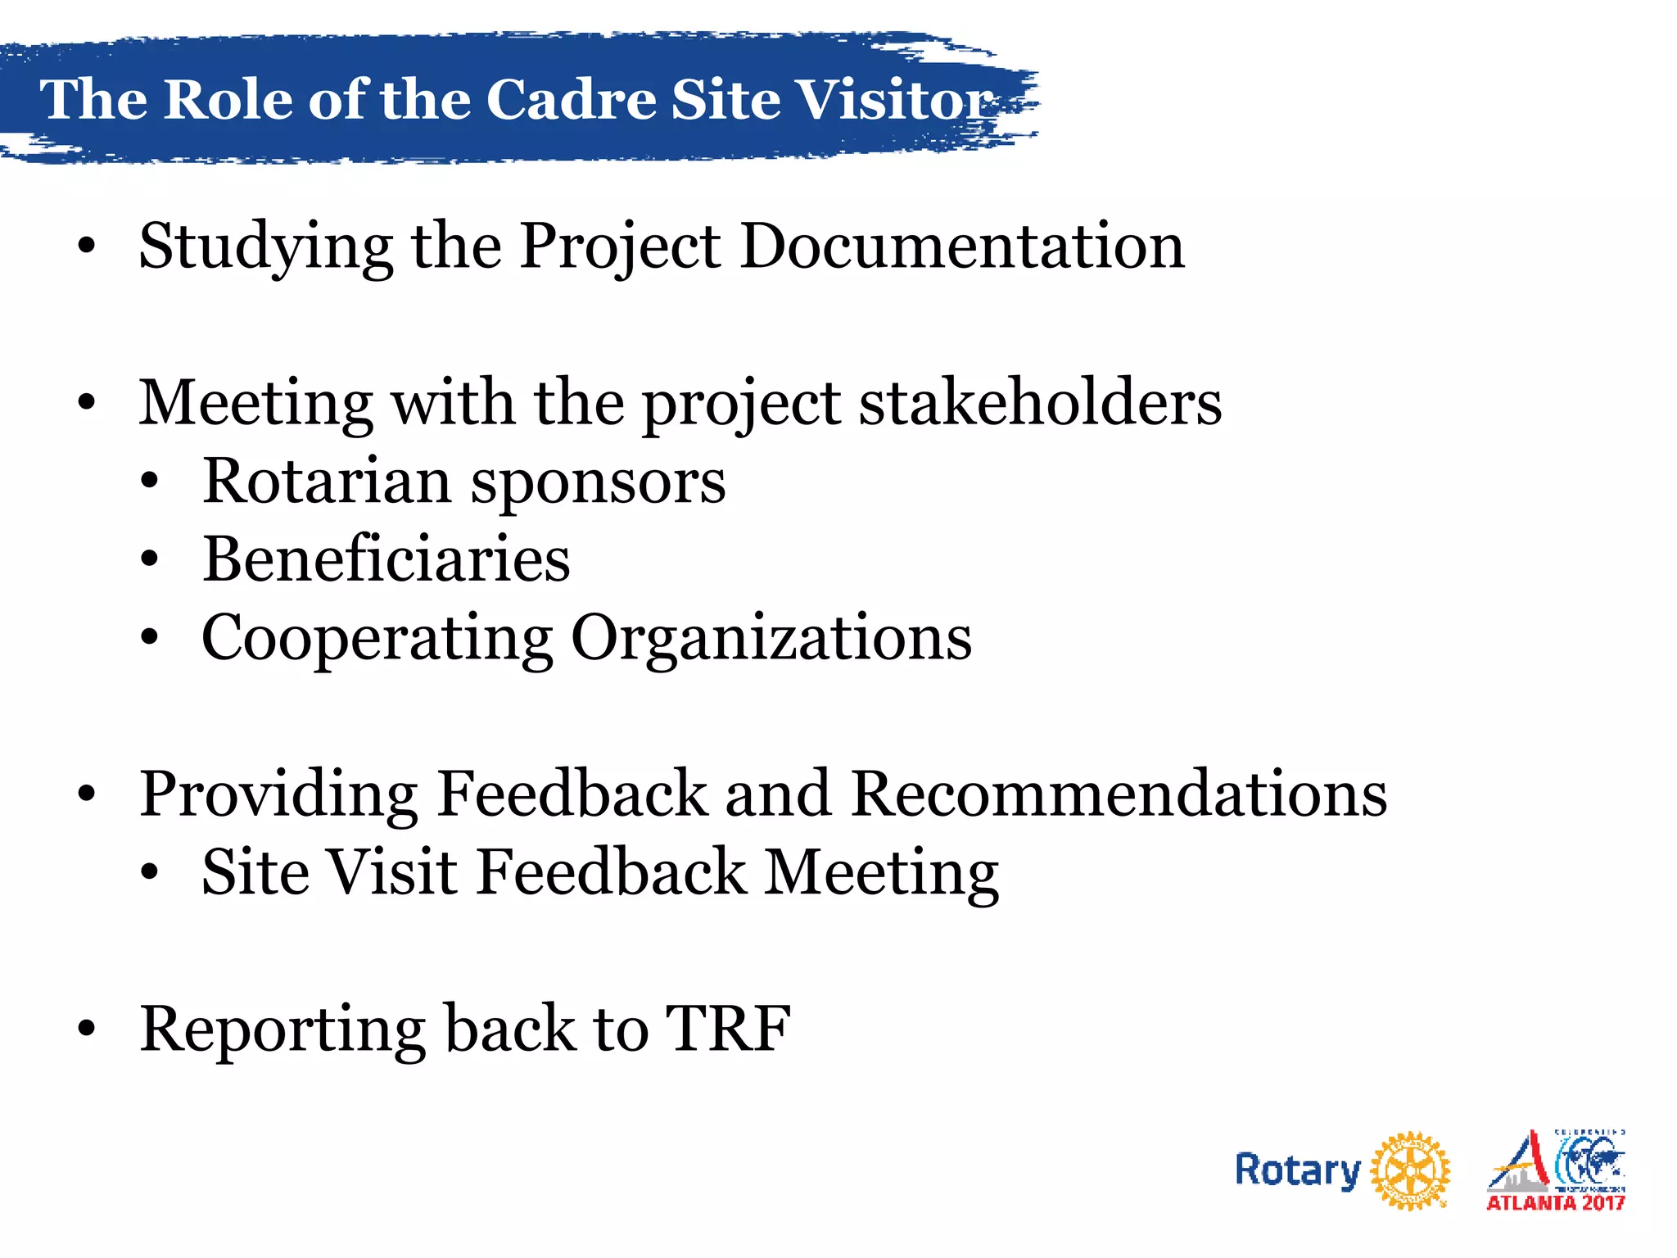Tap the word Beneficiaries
[x=386, y=559]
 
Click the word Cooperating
[x=377, y=639]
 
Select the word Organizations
[x=771, y=639]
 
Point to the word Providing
[x=278, y=794]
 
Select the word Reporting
[x=282, y=1030]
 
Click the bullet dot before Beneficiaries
[x=149, y=560]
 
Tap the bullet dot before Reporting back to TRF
[x=87, y=1030]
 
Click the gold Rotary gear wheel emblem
[x=1409, y=1171]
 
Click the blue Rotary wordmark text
[x=1297, y=1171]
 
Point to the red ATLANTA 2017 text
[x=1555, y=1202]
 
